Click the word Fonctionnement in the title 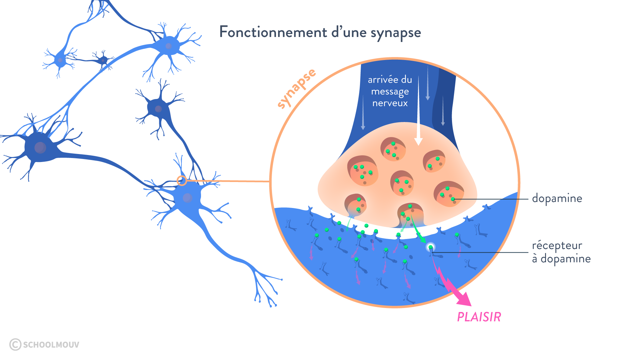pos(273,32)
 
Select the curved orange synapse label pos(297,88)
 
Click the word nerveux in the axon pos(390,103)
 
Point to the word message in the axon pos(390,92)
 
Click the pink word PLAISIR pos(479,317)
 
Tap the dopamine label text pos(557,198)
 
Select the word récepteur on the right pos(557,246)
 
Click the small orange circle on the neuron pos(182,181)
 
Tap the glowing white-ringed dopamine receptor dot pos(431,247)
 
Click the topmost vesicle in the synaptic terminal pos(393,149)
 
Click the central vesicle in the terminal pos(402,183)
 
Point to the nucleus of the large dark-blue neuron pos(40,147)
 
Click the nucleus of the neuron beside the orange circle pos(187,198)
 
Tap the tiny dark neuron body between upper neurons pos(103,60)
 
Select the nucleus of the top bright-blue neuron pos(169,46)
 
